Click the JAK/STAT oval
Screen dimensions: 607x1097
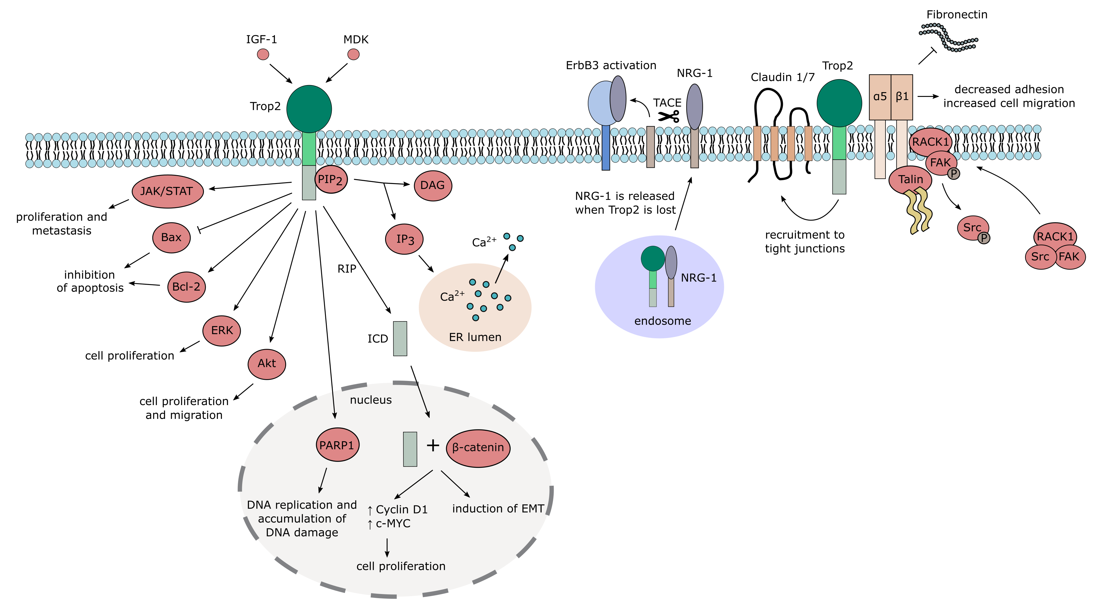pos(167,191)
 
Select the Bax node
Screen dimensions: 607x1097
pos(171,237)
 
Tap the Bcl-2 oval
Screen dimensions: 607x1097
pos(186,287)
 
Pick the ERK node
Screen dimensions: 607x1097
pos(222,331)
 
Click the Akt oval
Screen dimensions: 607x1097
pos(267,364)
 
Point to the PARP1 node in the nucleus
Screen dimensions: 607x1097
pos(337,445)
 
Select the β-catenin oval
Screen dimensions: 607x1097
pos(478,447)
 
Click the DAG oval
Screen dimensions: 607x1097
pos(432,185)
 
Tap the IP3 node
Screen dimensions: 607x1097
pos(404,239)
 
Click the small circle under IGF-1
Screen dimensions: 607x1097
pos(263,54)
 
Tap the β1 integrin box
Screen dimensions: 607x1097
pos(902,97)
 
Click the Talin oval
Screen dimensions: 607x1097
pos(910,180)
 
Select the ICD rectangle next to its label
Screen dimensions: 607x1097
pos(400,338)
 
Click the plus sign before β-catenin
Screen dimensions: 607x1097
pos(433,445)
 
